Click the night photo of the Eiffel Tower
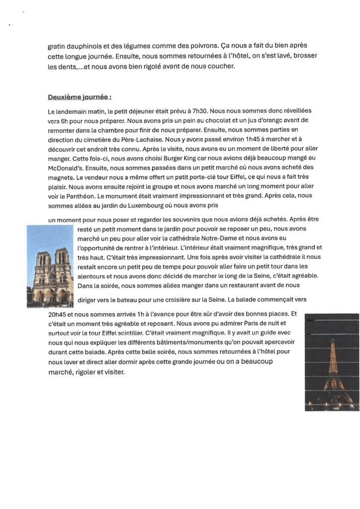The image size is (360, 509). pyautogui.click(x=331, y=362)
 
